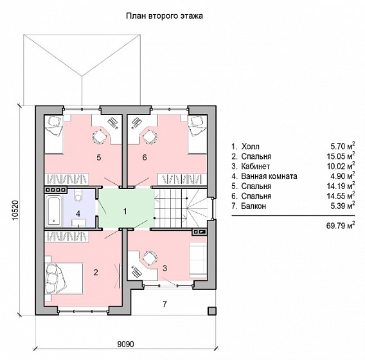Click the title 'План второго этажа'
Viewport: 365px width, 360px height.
tap(165, 16)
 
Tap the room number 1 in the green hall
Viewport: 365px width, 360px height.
tap(125, 212)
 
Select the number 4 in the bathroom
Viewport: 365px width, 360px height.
tap(78, 213)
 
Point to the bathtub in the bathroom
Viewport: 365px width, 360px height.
tap(54, 212)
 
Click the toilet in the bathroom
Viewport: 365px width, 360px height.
tap(78, 195)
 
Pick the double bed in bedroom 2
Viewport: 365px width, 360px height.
tap(64, 278)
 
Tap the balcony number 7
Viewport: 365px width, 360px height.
tap(165, 304)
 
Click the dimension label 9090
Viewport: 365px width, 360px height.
tap(126, 344)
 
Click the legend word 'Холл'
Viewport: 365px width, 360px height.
tap(250, 147)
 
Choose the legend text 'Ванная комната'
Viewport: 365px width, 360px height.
tap(269, 176)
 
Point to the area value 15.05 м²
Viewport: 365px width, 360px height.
tap(341, 156)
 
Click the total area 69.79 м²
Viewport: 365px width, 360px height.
tap(341, 226)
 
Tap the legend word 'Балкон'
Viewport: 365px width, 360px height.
tap(253, 206)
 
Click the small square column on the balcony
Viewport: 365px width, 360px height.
tap(212, 310)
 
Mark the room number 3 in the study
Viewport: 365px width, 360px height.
tap(165, 269)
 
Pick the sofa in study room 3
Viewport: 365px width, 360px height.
tap(198, 257)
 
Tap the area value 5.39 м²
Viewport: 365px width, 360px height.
tap(343, 206)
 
